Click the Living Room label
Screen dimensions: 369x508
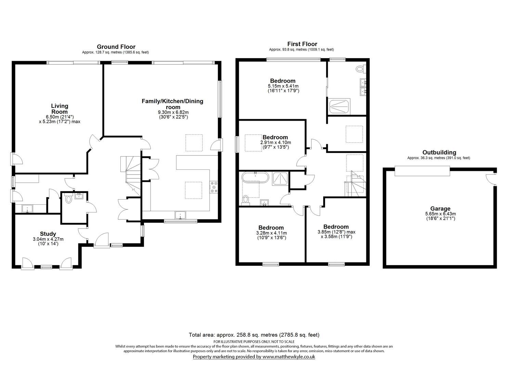point(60,109)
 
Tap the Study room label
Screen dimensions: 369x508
point(48,234)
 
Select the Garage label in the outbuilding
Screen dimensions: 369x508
point(440,209)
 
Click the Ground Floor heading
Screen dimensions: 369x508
point(116,47)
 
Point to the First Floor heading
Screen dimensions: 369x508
point(302,44)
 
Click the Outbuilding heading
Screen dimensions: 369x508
point(439,152)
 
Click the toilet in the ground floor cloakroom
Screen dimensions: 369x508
point(69,199)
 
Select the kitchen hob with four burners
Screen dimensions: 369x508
point(214,187)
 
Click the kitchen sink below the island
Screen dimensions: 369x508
point(180,215)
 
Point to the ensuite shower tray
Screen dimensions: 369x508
point(339,106)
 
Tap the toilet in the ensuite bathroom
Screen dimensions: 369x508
point(360,69)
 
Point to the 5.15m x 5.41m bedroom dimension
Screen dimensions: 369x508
point(283,86)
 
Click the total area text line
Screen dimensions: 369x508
point(254,335)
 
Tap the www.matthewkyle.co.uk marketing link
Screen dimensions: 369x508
point(288,357)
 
